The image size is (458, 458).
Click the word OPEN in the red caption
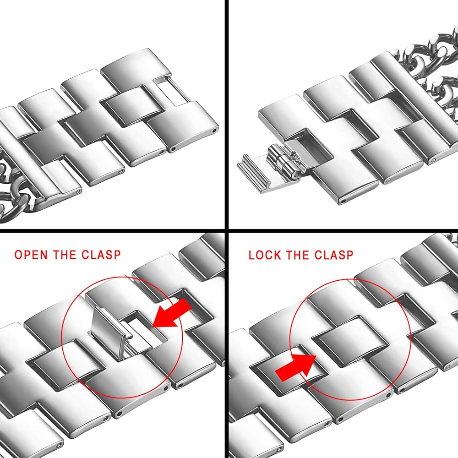31,254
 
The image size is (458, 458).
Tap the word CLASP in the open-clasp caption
101,254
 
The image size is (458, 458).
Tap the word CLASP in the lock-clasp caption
333,255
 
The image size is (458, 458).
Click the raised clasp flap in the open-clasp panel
108,333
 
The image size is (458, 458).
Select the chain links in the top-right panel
430,70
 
